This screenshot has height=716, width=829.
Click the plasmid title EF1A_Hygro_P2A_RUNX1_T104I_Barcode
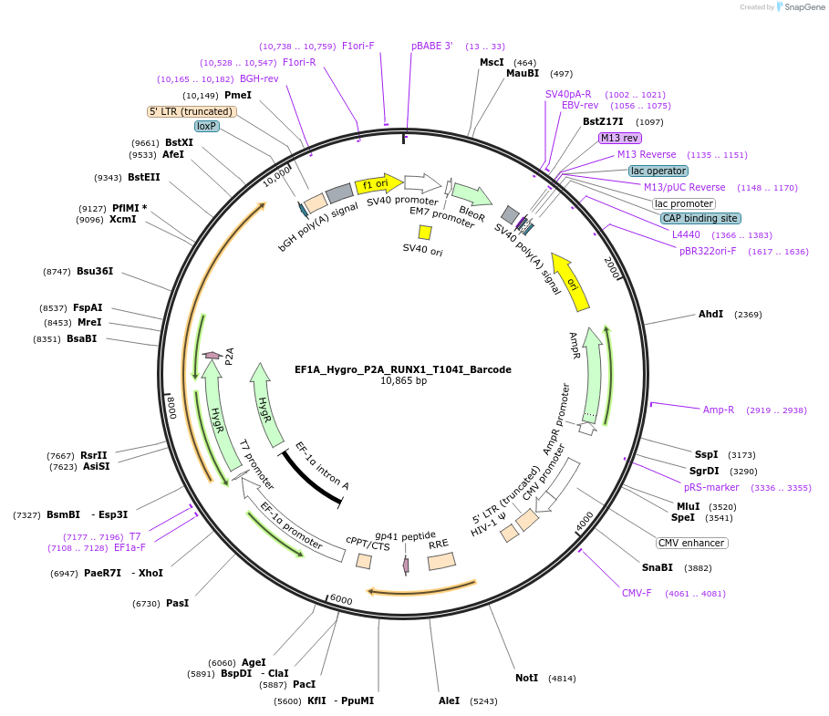click(402, 369)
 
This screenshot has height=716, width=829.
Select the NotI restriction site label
click(526, 678)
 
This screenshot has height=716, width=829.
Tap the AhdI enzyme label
click(710, 314)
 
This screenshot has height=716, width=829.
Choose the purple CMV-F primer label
click(637, 593)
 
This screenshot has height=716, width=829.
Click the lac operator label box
click(658, 171)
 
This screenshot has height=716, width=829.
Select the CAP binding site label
click(699, 218)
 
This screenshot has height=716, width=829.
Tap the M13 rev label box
click(619, 138)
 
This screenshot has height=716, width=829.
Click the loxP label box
click(207, 126)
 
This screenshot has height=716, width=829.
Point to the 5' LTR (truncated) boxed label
click(192, 111)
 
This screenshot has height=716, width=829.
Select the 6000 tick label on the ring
click(340, 599)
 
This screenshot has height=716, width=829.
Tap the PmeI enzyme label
click(237, 95)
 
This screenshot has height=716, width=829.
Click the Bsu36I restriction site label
click(95, 271)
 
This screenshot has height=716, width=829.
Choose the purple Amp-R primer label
click(718, 410)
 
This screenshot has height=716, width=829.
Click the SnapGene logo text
click(803, 6)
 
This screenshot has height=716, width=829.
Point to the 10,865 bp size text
click(403, 381)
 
